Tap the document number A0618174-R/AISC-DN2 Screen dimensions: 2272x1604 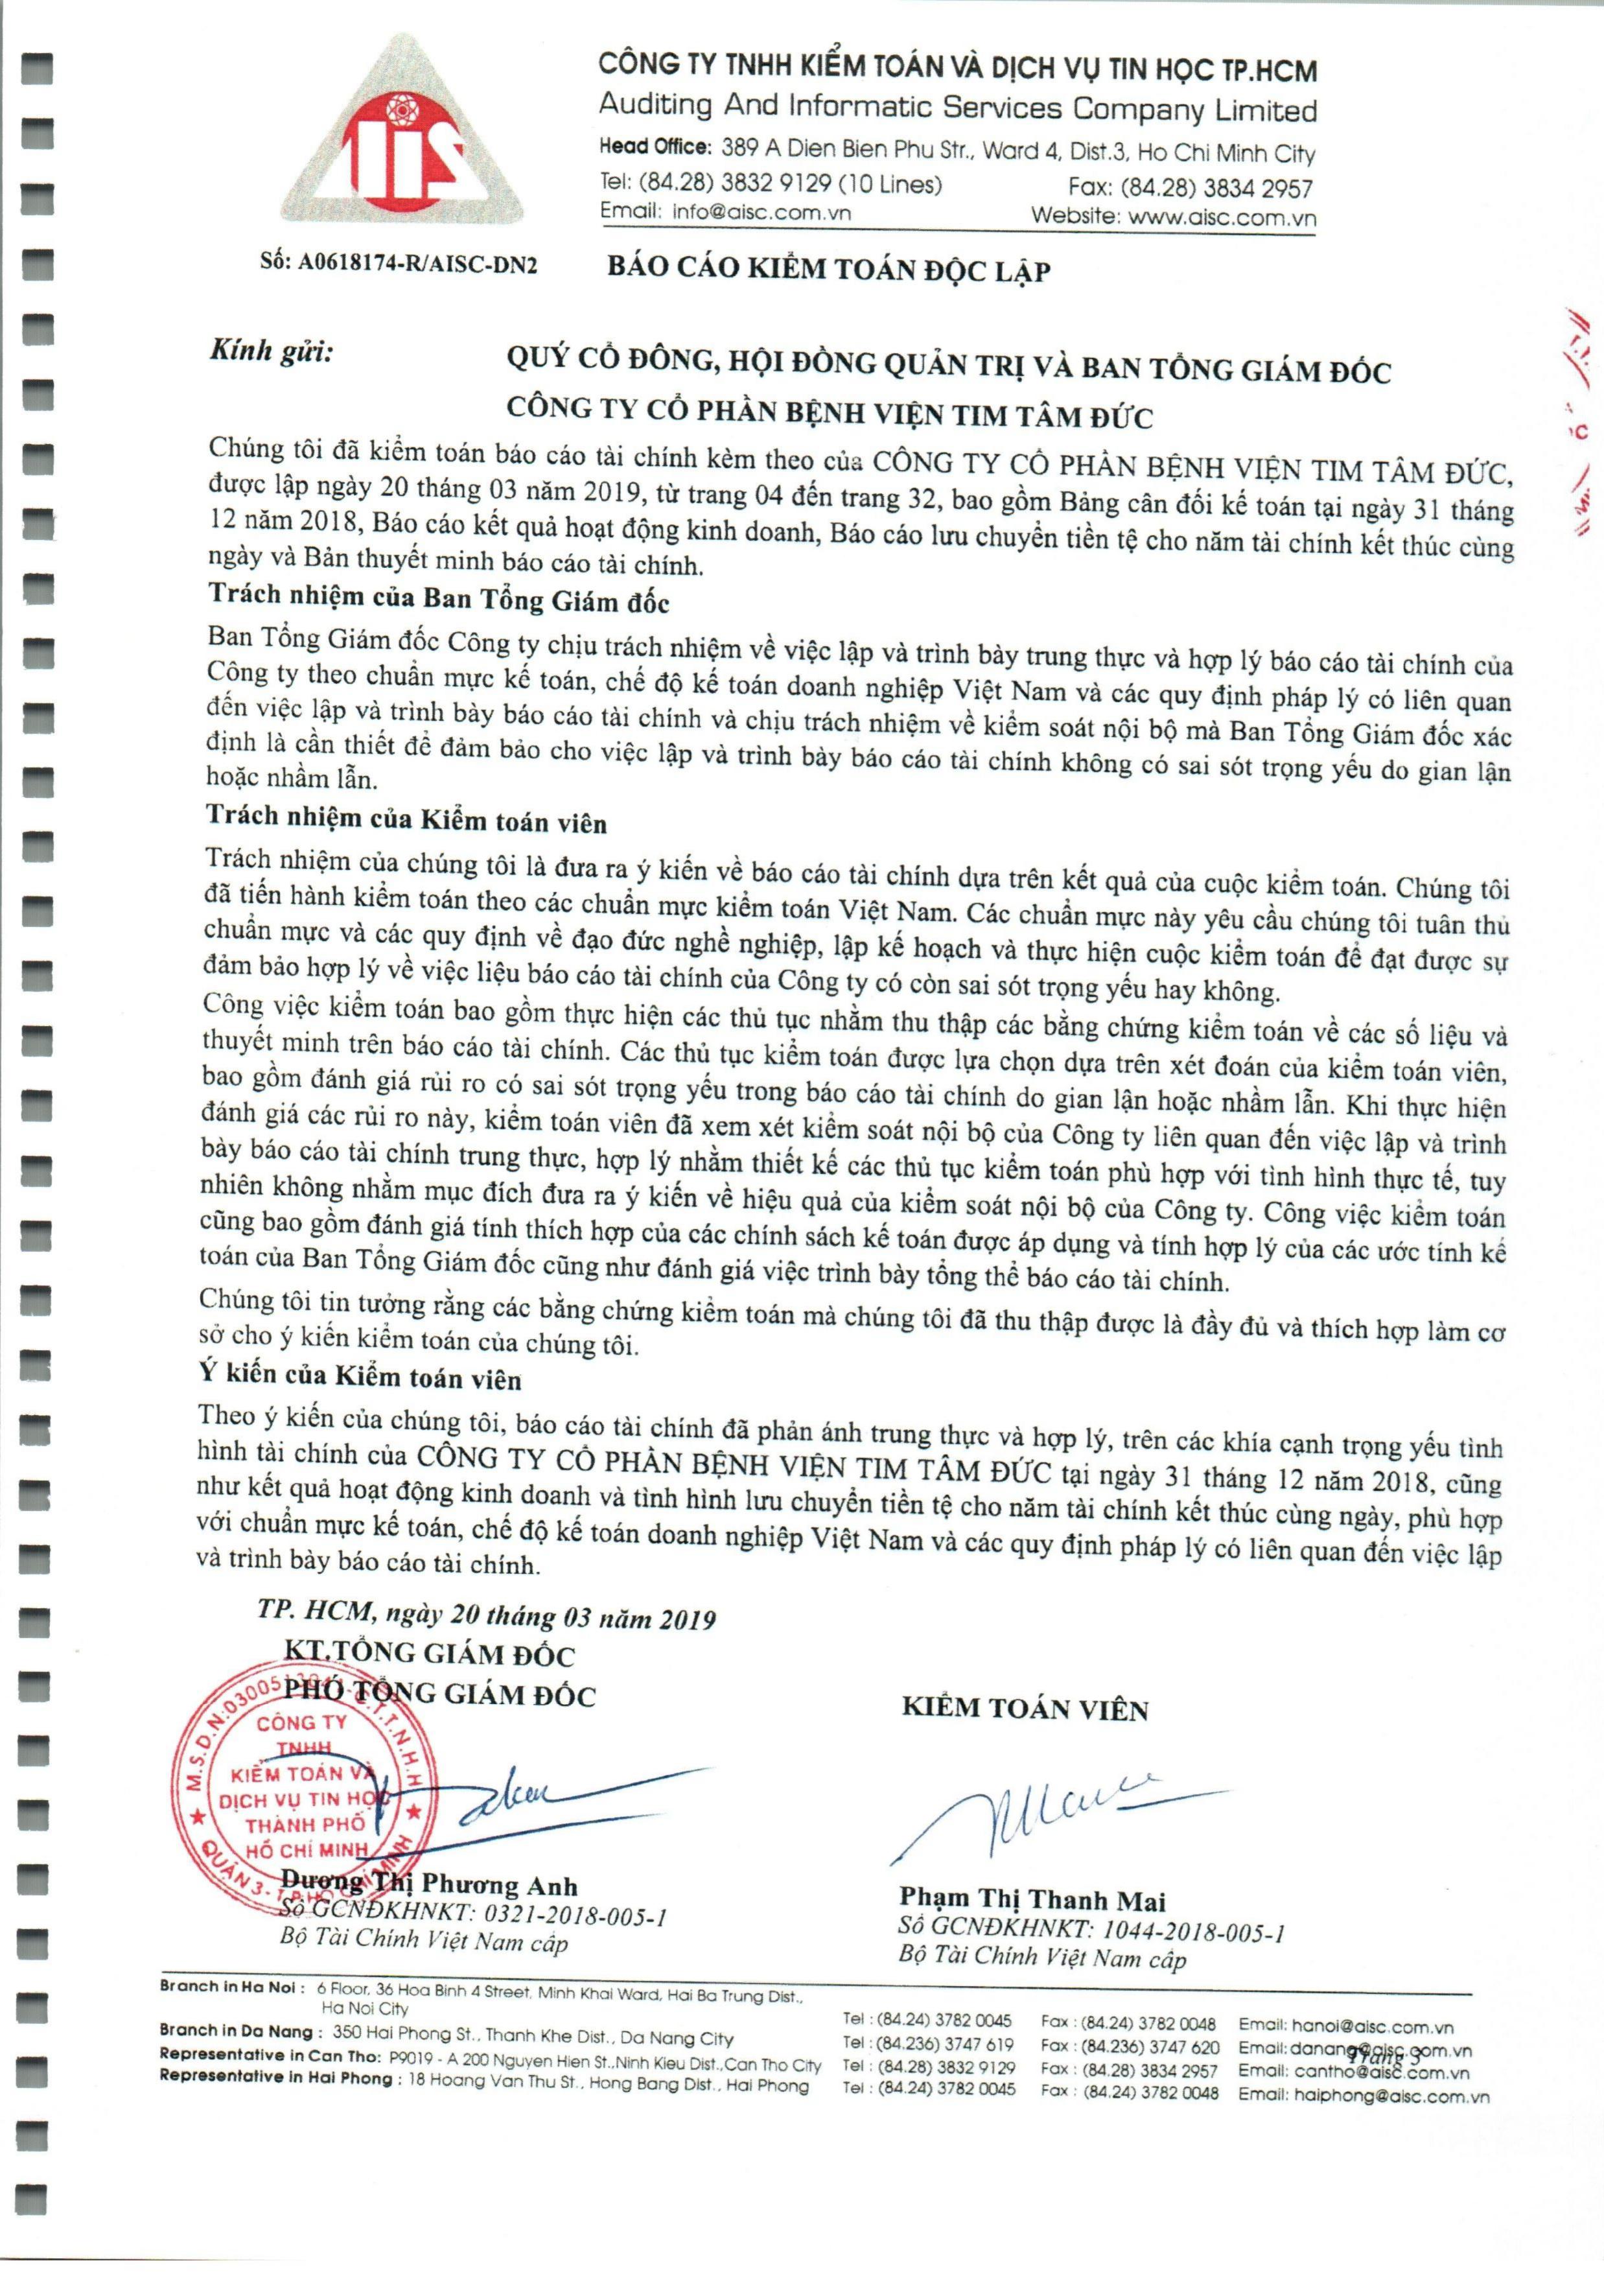(399, 264)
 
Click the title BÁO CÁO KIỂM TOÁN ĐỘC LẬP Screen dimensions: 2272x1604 (829, 269)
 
